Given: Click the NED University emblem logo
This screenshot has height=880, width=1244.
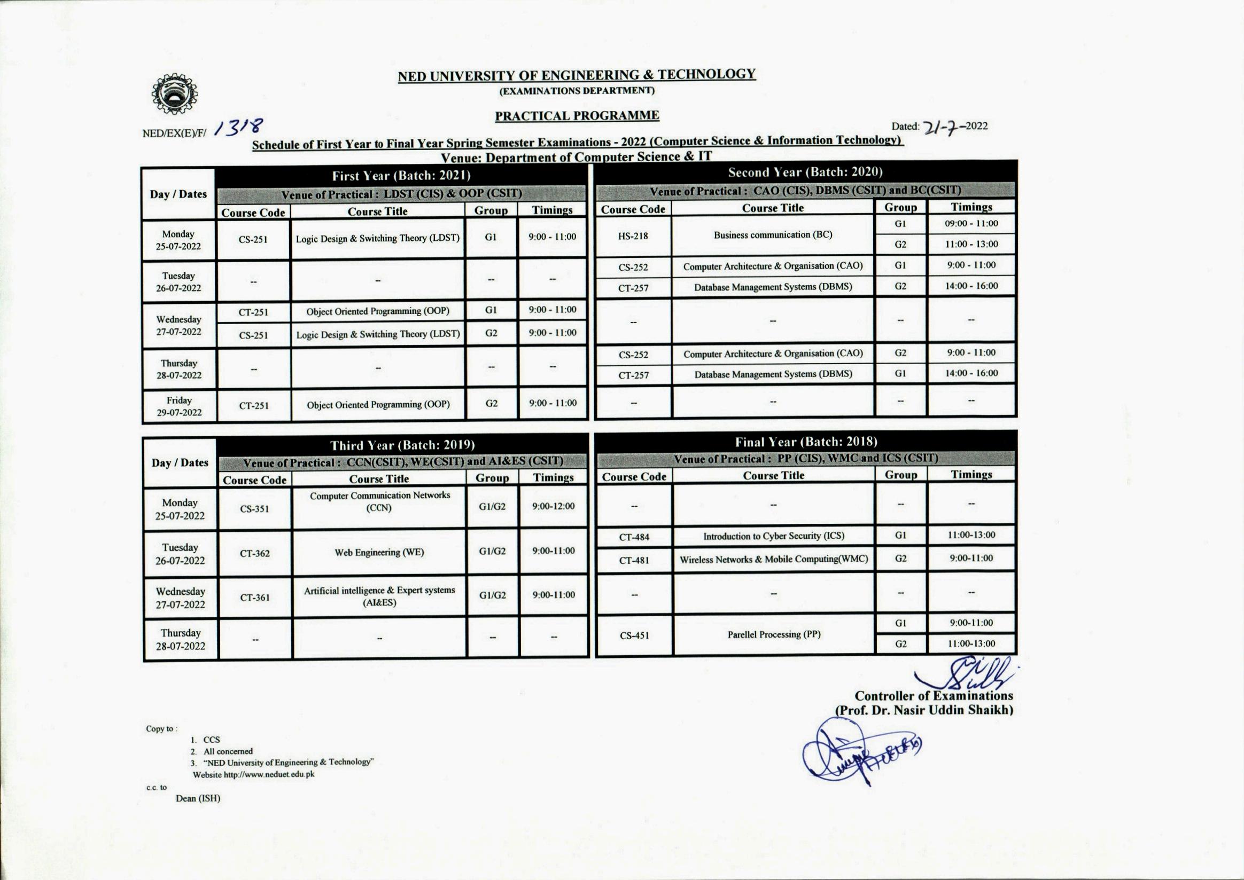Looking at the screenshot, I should pos(174,94).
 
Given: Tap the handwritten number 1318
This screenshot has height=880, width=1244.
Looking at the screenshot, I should pos(239,127).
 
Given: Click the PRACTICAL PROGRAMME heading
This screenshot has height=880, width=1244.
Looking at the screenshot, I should pos(577,115).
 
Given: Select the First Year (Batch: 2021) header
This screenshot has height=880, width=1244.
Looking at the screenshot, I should pos(401,176).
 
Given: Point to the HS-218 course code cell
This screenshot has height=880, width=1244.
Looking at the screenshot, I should pos(633,235).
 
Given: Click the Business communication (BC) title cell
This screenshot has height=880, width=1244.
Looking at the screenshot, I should pos(773,234).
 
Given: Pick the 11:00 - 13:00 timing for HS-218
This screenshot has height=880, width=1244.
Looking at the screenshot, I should pos(971,245).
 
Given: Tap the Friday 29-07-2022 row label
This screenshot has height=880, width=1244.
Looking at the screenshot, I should pos(179,406).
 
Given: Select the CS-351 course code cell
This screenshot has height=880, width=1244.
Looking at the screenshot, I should pos(254,509).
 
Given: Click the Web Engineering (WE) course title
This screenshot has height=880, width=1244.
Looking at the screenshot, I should pos(379,553).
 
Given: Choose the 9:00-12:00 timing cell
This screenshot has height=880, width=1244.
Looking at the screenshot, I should pos(553,506).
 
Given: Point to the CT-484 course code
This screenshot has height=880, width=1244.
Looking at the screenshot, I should pos(634,537).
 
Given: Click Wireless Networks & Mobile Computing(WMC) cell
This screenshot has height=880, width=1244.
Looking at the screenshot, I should pos(773,559).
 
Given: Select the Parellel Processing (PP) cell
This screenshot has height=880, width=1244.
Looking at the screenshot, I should pos(773,634).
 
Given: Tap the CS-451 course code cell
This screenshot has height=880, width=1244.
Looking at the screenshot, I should pos(634,635).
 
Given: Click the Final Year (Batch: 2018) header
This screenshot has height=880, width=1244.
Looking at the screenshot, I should pos(806,442).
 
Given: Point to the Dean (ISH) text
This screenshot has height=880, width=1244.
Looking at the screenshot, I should pos(198,798).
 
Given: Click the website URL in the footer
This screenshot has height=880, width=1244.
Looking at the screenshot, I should pos(268,774).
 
